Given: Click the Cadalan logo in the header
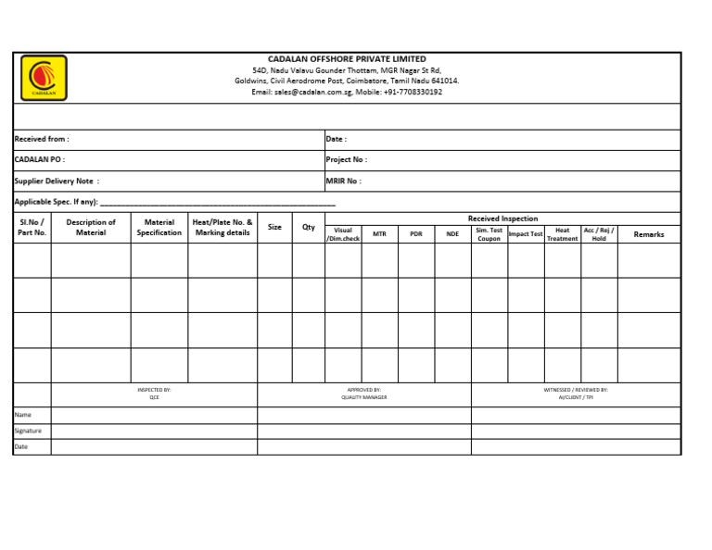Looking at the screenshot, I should (x=44, y=78).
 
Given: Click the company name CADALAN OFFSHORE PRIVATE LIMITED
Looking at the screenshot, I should (x=347, y=59).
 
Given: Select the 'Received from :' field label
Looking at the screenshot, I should (x=42, y=139).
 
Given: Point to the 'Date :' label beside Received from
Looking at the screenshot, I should (x=336, y=139).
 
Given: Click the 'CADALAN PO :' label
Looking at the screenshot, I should (x=40, y=159).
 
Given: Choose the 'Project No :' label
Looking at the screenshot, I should (x=345, y=159).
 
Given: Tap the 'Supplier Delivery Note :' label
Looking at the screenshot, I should (x=57, y=181).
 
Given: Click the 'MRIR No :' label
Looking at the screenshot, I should (x=343, y=181).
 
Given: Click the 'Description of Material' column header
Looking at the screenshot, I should (x=91, y=228).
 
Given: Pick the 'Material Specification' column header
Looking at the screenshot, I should (x=159, y=228).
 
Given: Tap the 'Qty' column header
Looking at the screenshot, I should (x=309, y=227).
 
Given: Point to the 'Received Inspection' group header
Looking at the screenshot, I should (x=502, y=219).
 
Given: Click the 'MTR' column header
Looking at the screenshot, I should (x=379, y=234).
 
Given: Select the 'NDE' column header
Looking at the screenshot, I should (x=452, y=234).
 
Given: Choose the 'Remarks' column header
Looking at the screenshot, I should (x=649, y=234).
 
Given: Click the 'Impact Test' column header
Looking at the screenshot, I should (x=526, y=234).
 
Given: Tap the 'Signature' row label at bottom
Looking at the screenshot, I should (x=28, y=431).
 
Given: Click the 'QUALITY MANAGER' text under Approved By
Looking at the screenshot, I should (x=364, y=397).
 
